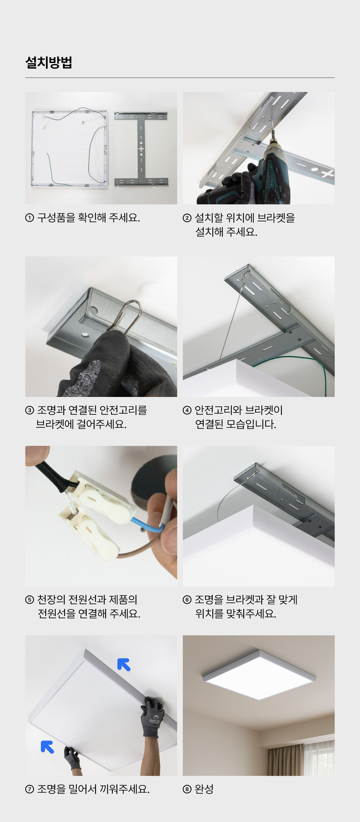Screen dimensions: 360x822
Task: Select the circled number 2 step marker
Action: (x=187, y=218)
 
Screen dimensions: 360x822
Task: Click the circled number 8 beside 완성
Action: (x=187, y=789)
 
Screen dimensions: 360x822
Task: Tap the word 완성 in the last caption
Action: (x=204, y=789)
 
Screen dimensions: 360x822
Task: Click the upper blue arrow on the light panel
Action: (x=123, y=664)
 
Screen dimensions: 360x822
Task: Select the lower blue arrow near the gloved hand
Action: (x=47, y=747)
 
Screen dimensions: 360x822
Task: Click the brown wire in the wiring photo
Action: (x=140, y=546)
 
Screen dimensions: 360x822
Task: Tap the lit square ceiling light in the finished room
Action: (x=259, y=675)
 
